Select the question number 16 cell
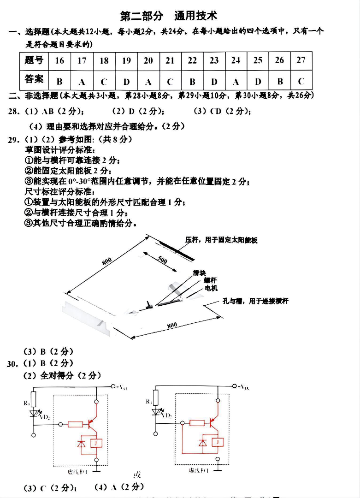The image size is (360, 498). [x=59, y=60]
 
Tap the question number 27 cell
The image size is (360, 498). [x=301, y=60]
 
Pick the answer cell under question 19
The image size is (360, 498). [x=126, y=81]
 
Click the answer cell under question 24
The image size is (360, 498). [x=236, y=81]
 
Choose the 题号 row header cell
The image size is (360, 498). [x=34, y=60]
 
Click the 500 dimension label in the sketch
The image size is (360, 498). [x=163, y=259]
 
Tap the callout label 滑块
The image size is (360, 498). [x=199, y=273]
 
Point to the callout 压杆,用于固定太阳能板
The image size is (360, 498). [x=221, y=240]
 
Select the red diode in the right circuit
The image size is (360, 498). [x=202, y=443]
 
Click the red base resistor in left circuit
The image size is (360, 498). [x=75, y=424]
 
